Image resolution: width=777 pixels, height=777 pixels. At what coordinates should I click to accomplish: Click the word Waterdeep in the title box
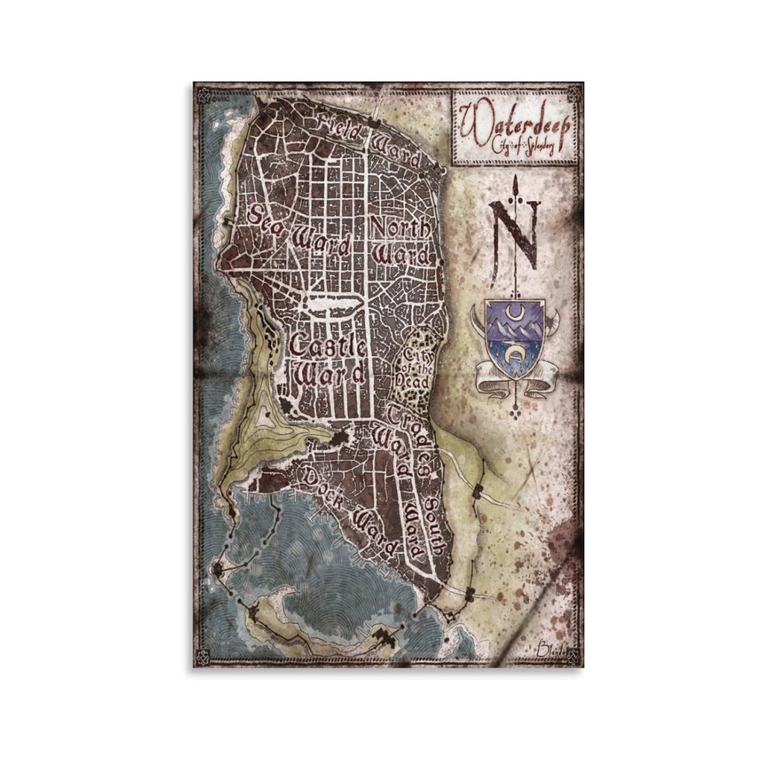515,121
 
